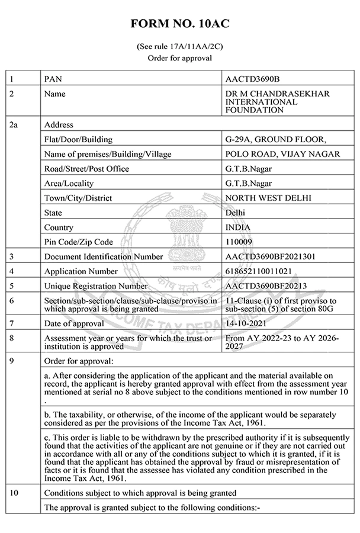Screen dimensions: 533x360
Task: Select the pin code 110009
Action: tap(239, 242)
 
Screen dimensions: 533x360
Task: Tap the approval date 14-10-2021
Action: tap(246, 323)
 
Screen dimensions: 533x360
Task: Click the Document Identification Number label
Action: tap(104, 256)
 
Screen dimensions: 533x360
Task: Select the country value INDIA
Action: tap(238, 227)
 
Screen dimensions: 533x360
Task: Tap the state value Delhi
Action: tap(236, 213)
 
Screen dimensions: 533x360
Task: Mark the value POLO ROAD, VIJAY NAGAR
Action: tap(283, 154)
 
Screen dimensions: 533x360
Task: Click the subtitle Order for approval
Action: tap(179, 57)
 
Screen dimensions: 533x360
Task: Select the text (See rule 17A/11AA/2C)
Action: tap(179, 46)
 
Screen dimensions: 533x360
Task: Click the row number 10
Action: tap(15, 493)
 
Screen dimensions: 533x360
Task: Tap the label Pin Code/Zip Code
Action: tap(78, 242)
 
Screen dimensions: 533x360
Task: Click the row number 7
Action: tap(12, 323)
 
